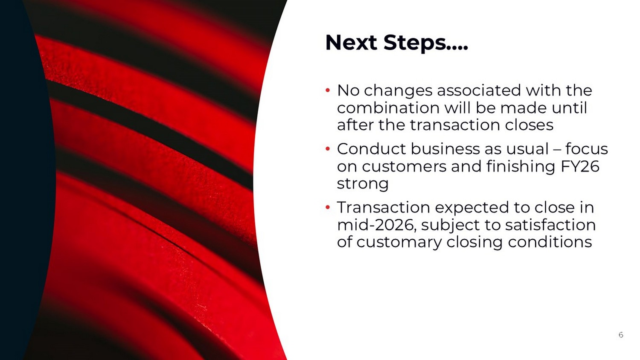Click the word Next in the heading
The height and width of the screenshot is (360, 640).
351,43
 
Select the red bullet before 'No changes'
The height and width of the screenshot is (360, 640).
328,90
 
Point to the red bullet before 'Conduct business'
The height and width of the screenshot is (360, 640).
328,149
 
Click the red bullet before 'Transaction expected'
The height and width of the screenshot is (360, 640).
328,207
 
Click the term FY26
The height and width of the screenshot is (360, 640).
580,166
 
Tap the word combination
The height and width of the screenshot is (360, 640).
388,108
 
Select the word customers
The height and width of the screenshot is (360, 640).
404,167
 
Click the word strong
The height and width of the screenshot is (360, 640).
363,184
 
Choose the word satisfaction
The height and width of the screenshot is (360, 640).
550,225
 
